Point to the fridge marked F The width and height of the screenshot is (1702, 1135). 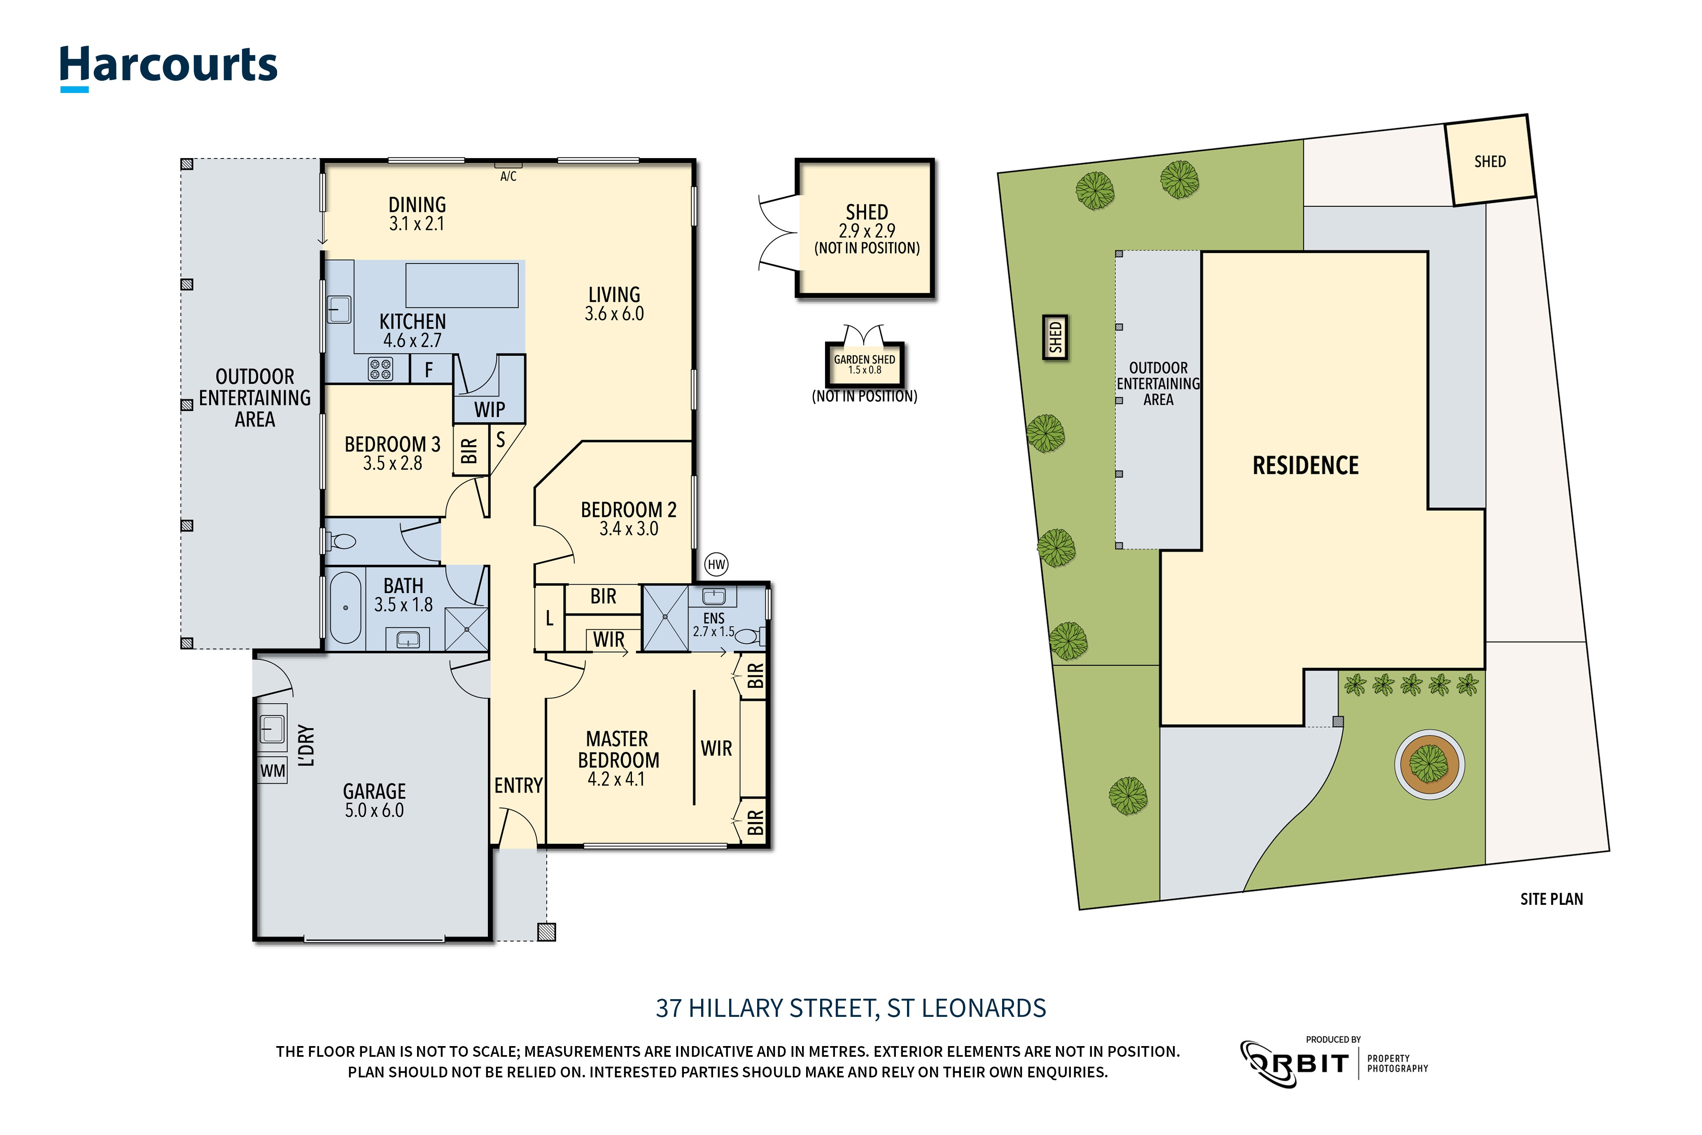tap(430, 370)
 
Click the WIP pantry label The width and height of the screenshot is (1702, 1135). tap(490, 410)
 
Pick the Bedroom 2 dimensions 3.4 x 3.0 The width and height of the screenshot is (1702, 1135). tap(628, 529)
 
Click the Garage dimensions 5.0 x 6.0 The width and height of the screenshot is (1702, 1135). tap(374, 811)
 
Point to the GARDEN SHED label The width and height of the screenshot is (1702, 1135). tap(865, 360)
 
